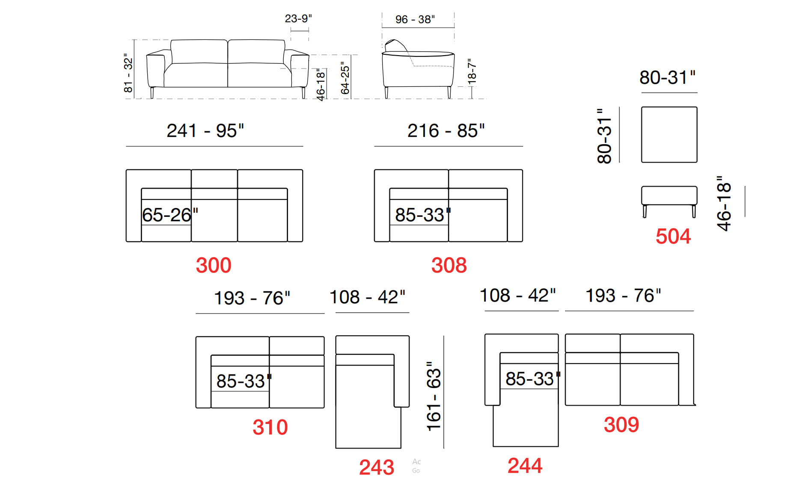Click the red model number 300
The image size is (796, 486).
pyautogui.click(x=214, y=265)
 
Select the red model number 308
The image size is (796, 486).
pyautogui.click(x=449, y=265)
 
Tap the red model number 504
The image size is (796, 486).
pyautogui.click(x=673, y=236)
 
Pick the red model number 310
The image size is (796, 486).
pyautogui.click(x=270, y=427)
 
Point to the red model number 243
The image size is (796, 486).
pyautogui.click(x=377, y=467)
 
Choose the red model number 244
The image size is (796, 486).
pyautogui.click(x=525, y=465)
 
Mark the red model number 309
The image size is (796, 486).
pyautogui.click(x=621, y=424)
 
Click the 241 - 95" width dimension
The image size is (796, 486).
pyautogui.click(x=205, y=130)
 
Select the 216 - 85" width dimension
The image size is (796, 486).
pyautogui.click(x=446, y=130)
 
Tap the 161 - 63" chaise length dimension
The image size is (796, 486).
pyautogui.click(x=434, y=396)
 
